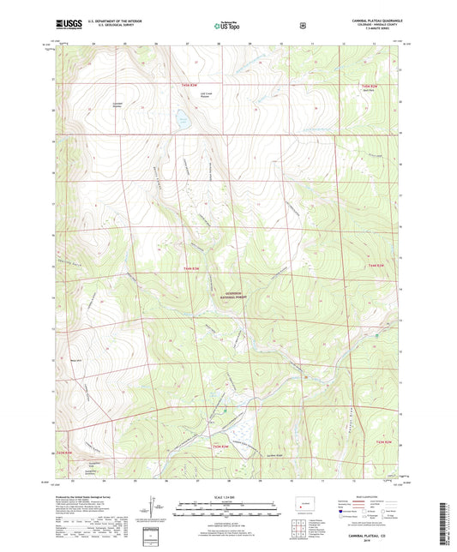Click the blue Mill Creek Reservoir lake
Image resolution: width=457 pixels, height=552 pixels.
click(x=182, y=119)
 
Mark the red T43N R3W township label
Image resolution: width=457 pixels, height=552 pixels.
click(x=221, y=446)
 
